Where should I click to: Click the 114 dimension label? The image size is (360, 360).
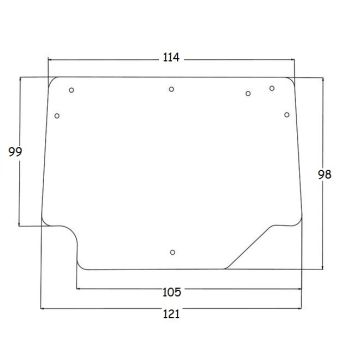[x=171, y=58]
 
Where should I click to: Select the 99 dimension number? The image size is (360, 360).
[x=15, y=152]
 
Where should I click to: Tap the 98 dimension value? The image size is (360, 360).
[x=324, y=174]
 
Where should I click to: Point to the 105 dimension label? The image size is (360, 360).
[x=172, y=292]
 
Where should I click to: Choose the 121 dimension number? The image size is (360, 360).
[x=171, y=314]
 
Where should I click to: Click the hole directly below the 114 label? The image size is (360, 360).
[x=171, y=89]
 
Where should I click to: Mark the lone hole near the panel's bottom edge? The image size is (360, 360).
[x=172, y=252]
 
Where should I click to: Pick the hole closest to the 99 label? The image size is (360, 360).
[x=57, y=116]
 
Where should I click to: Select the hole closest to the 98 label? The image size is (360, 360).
[x=287, y=115]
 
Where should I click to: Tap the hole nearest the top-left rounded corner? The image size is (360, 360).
[x=71, y=90]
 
